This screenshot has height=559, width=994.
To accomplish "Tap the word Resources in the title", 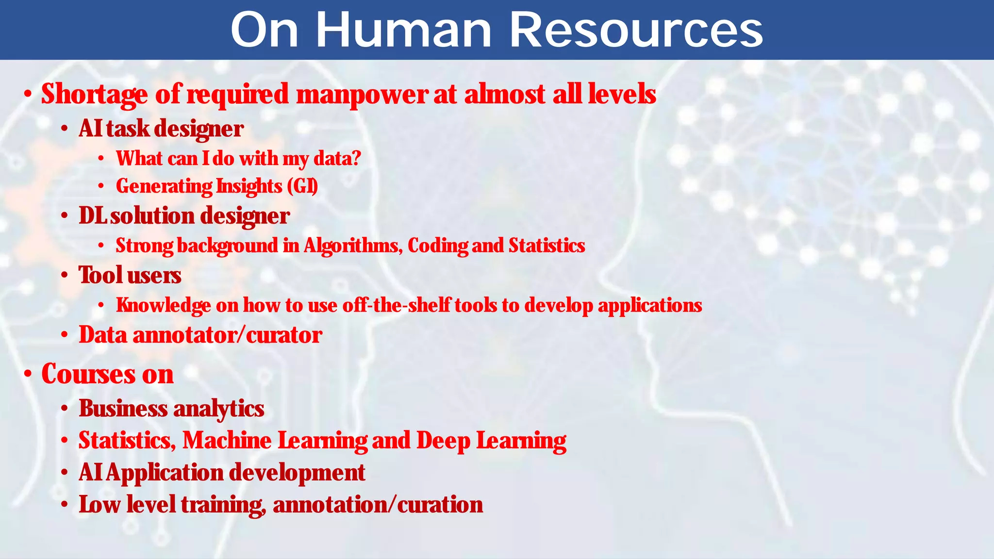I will (x=636, y=30).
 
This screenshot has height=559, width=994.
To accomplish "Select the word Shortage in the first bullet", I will (x=95, y=94).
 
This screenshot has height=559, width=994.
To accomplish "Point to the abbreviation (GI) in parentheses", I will (x=302, y=186).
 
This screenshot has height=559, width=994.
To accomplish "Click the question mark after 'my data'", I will (x=357, y=158).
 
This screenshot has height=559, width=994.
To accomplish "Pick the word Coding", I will (x=437, y=246).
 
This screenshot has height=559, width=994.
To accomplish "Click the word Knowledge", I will (x=164, y=305).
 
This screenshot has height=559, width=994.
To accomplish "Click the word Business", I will (x=123, y=408).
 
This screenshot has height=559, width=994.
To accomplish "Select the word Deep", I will (x=443, y=441).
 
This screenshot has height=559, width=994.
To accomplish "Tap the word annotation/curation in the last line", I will (x=378, y=505).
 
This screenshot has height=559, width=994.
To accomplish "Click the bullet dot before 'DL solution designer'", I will (x=65, y=216).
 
